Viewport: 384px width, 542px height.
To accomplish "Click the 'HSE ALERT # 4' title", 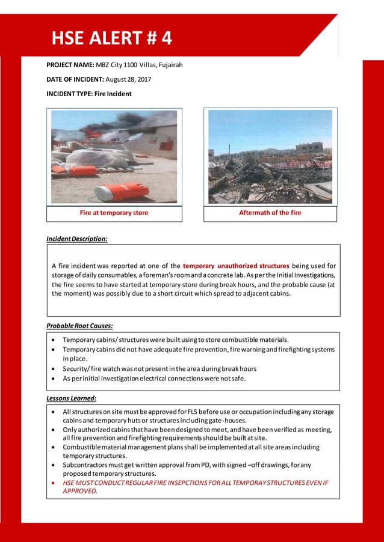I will [111, 38].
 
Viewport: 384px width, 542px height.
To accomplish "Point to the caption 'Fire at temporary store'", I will [114, 213].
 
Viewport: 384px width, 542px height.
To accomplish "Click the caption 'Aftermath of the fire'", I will [270, 213].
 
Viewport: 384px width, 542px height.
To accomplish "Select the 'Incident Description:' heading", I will [77, 239].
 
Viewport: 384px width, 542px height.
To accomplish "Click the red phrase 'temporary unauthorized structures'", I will [236, 266].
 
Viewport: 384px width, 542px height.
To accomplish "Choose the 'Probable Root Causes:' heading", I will [79, 326].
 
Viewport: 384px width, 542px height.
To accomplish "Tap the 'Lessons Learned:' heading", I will [71, 398].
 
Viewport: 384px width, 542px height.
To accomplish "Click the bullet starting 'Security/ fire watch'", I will [159, 368].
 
